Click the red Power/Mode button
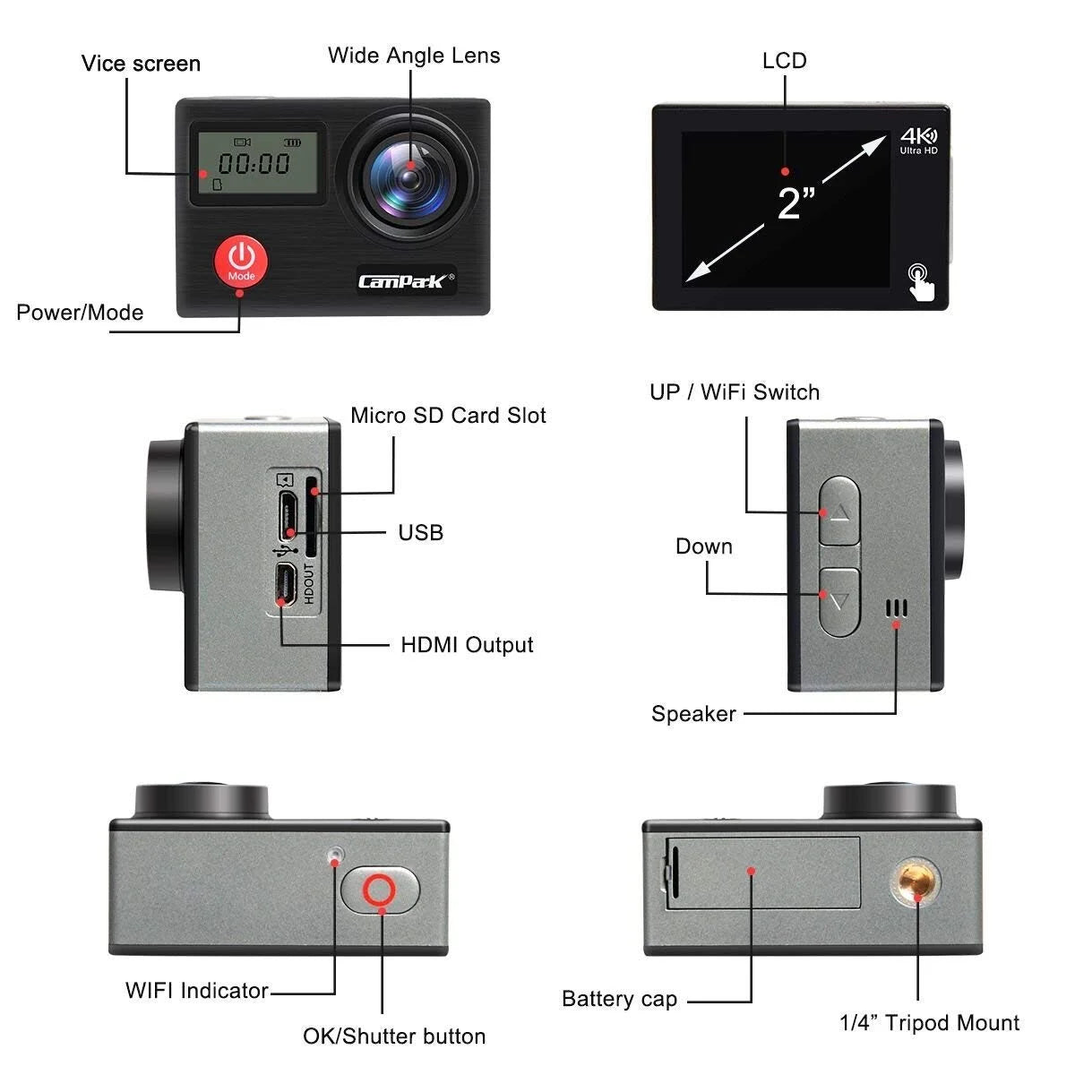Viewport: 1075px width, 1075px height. [x=240, y=260]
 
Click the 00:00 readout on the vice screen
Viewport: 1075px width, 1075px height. [x=255, y=163]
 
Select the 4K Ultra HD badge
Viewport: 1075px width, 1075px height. [x=918, y=141]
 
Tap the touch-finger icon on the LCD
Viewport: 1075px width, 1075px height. [x=919, y=280]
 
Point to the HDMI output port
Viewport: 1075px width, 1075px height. [x=286, y=586]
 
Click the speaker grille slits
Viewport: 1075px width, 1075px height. [x=896, y=609]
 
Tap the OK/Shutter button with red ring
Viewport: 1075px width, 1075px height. [x=380, y=890]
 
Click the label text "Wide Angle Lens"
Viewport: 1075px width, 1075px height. [x=414, y=56]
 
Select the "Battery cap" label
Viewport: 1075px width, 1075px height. [x=619, y=999]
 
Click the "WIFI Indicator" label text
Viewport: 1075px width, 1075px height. [x=197, y=991]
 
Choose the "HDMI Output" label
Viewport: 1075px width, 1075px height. [x=467, y=645]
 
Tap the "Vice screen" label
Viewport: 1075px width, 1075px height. [x=141, y=64]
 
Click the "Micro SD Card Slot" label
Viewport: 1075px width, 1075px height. [x=448, y=416]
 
